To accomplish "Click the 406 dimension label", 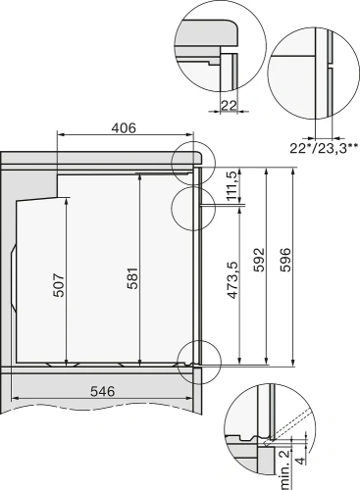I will [123, 126].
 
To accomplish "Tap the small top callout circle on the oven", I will [190, 160].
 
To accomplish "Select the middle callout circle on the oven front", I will [190, 207].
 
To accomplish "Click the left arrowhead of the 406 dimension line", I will [62, 136].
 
